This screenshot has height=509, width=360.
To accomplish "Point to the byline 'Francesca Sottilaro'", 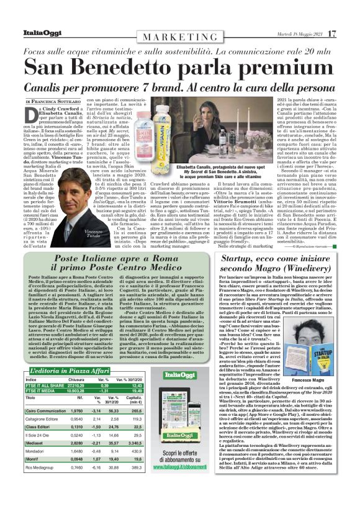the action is (54, 101).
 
